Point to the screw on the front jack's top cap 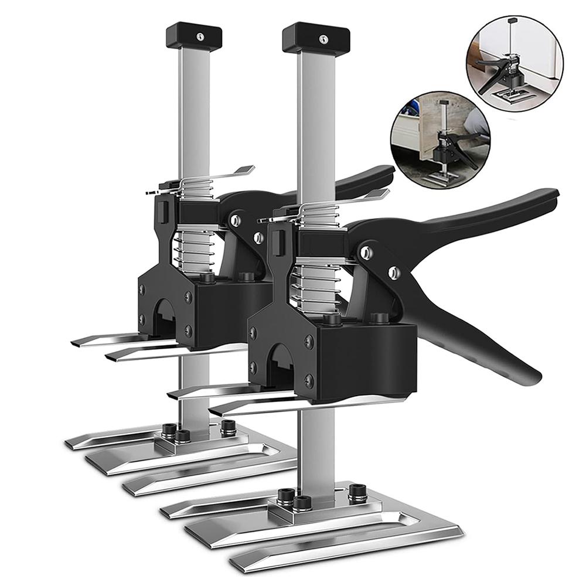click(x=322, y=39)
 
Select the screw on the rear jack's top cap click(x=200, y=36)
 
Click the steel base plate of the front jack click(x=328, y=527)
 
